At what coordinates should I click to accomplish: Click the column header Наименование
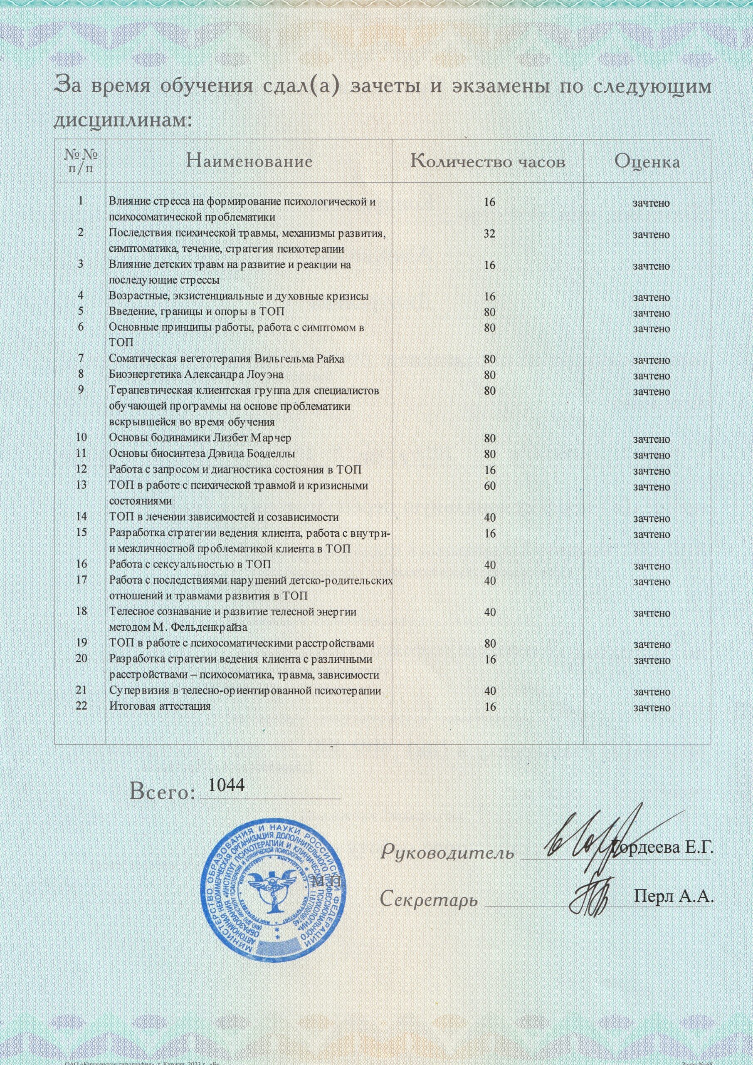click(x=249, y=161)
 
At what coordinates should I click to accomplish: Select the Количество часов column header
click(x=488, y=161)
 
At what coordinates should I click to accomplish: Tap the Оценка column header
click(x=647, y=161)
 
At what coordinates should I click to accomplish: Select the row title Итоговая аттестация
click(x=160, y=706)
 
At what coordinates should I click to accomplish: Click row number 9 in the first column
click(x=81, y=390)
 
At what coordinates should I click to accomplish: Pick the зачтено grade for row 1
click(x=652, y=203)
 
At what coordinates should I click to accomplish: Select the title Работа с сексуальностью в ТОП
click(x=190, y=565)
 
